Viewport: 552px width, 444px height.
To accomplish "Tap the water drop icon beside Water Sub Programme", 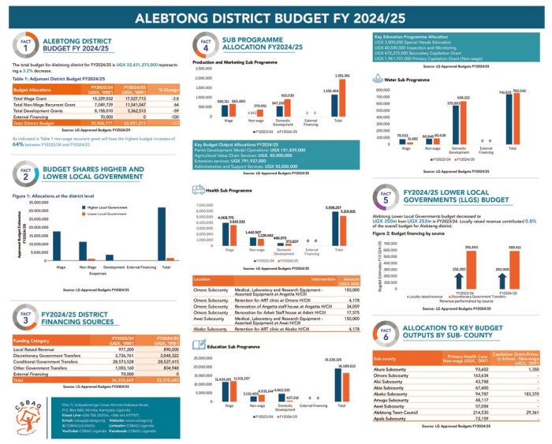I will coord(374,80).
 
